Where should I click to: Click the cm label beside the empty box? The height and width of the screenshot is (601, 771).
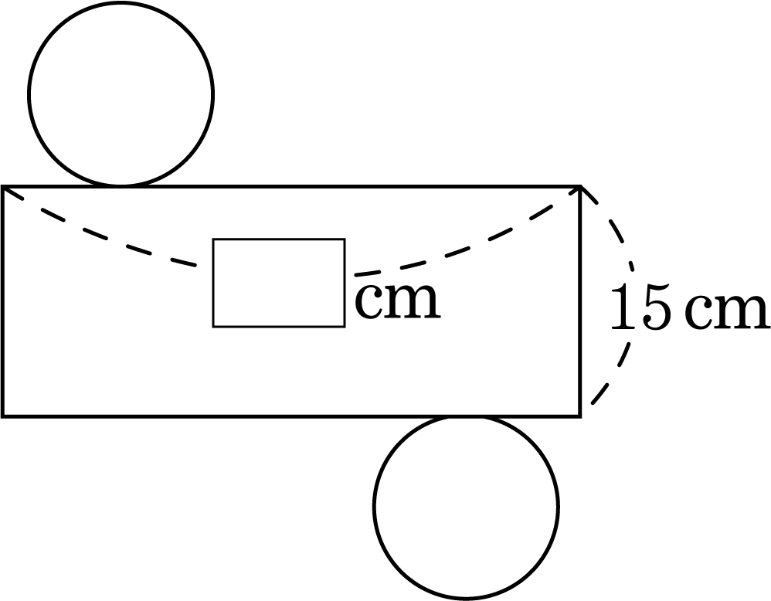click(x=397, y=301)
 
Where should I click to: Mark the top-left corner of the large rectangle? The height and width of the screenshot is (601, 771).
click(x=3, y=186)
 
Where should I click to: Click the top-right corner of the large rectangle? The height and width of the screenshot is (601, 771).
click(x=581, y=186)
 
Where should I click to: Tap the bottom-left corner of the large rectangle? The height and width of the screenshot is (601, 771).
click(x=3, y=416)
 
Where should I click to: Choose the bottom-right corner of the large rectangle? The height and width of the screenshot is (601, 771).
click(x=581, y=416)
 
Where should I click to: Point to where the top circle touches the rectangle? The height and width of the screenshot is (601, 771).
click(x=121, y=186)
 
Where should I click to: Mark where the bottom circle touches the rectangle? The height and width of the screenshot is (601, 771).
click(x=466, y=416)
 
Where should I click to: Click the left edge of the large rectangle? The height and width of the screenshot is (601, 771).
click(x=3, y=301)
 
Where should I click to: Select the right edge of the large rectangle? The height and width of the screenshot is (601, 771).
click(x=581, y=301)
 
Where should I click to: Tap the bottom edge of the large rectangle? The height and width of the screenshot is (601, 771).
click(x=292, y=416)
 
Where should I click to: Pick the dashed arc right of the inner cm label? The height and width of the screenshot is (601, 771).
click(x=468, y=249)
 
